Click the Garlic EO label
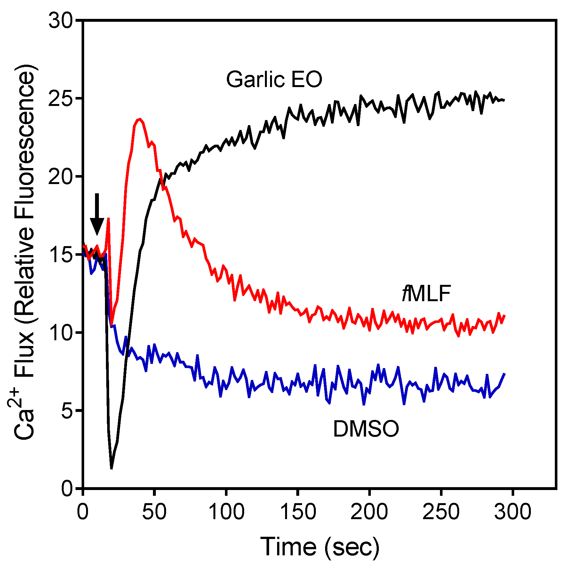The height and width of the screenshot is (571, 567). coord(274,79)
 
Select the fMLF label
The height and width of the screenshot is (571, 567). coord(427,294)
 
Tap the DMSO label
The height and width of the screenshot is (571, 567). coord(366,429)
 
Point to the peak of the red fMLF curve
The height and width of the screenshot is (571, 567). coord(140,119)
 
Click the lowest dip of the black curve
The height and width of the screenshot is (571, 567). coord(111,468)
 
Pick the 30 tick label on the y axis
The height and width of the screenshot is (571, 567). coord(61,21)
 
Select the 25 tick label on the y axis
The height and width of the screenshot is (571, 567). coord(61,99)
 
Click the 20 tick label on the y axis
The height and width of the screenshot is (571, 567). coord(61,176)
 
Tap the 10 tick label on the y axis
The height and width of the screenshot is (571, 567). coord(61,333)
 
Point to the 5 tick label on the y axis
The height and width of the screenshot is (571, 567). coord(67,411)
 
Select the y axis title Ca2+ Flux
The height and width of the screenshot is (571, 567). coord(24,253)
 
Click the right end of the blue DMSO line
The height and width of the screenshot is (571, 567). coord(504,374)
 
